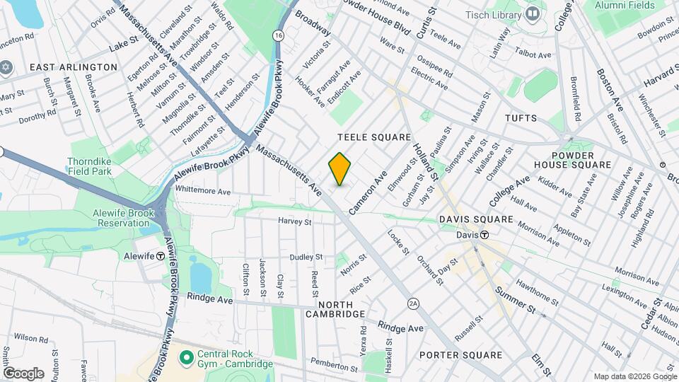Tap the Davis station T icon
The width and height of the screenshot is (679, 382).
[485, 235]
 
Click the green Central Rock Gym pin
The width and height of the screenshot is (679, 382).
[187, 358]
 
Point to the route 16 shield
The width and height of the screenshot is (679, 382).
[280, 35]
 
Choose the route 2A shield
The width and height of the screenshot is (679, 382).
[414, 303]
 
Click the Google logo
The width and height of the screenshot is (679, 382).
[23, 373]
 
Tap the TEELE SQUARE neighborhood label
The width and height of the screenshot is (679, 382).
[374, 137]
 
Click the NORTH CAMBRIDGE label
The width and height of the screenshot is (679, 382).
[335, 313]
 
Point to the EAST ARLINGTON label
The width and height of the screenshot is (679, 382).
[73, 66]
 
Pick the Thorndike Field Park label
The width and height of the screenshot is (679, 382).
[90, 166]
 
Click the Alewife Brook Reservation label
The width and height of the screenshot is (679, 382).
[114, 218]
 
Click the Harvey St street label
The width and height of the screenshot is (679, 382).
[295, 221]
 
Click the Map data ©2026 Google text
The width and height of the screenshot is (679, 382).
[634, 376]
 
